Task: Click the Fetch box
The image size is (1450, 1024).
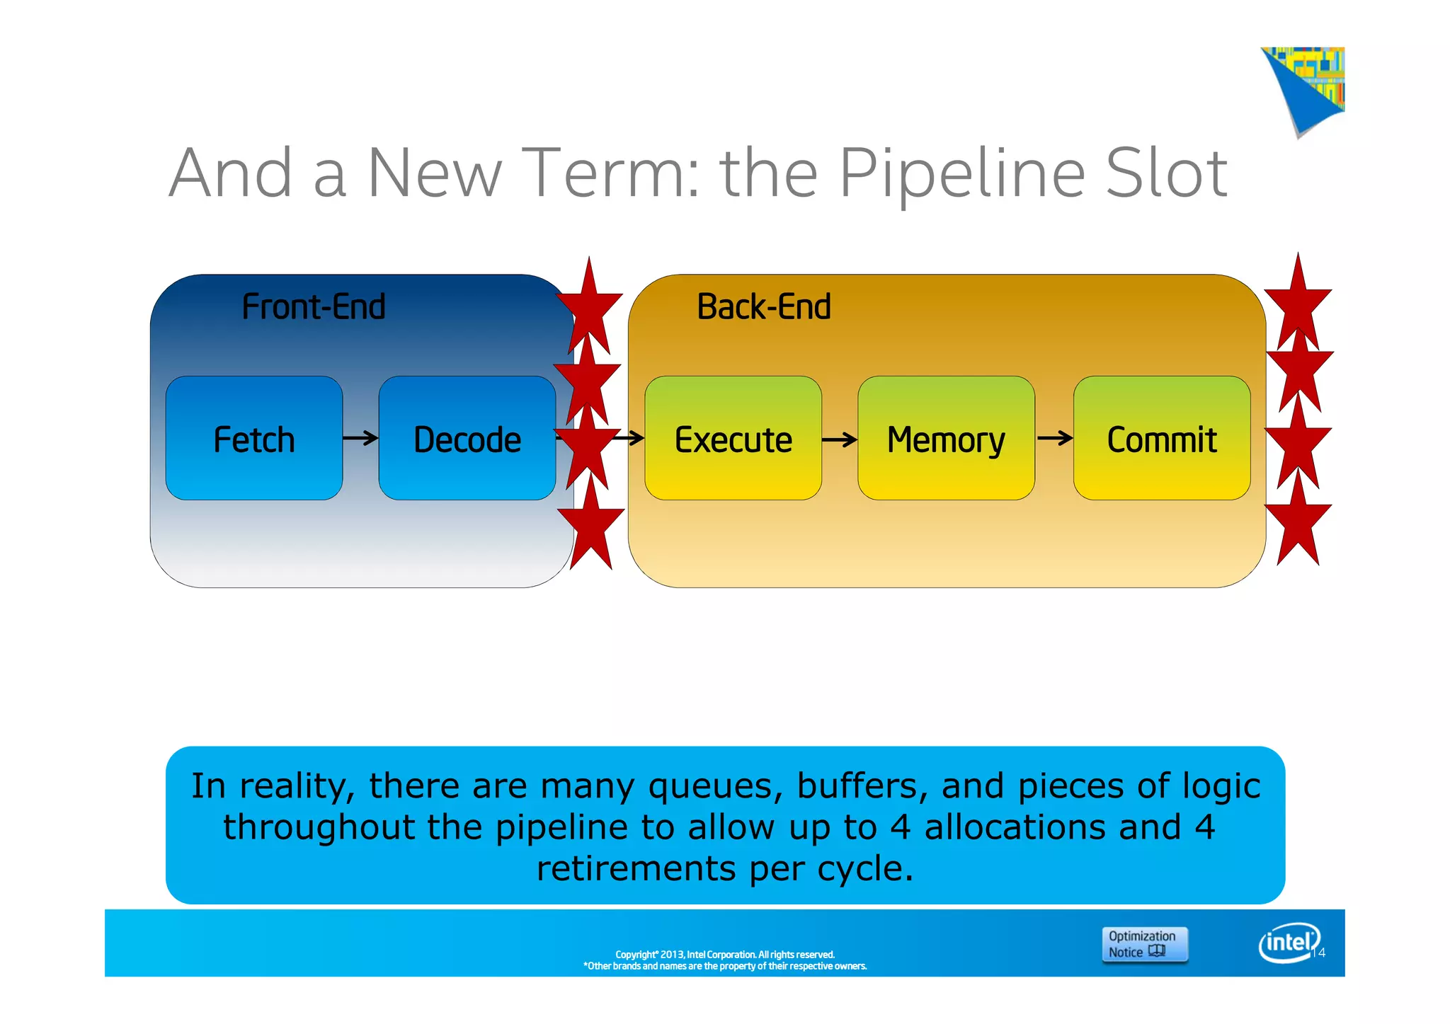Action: pyautogui.click(x=253, y=438)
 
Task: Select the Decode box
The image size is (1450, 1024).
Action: pyautogui.click(x=467, y=438)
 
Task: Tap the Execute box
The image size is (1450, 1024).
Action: pyautogui.click(x=733, y=438)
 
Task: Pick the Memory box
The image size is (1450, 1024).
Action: pyautogui.click(x=946, y=438)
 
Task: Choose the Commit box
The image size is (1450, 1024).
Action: pyautogui.click(x=1161, y=438)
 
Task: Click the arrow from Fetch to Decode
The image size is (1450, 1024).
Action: pyautogui.click(x=360, y=439)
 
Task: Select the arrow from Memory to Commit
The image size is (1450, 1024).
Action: pyautogui.click(x=1054, y=439)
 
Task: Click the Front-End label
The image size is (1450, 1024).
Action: pyautogui.click(x=314, y=307)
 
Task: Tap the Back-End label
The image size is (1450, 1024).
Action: pyautogui.click(x=763, y=307)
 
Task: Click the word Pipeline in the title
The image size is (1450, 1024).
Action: pyautogui.click(x=962, y=174)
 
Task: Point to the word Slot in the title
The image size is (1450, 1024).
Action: pyautogui.click(x=1165, y=174)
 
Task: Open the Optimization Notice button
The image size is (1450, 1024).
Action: pyautogui.click(x=1144, y=944)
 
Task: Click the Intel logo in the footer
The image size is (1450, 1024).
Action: pyautogui.click(x=1289, y=943)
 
